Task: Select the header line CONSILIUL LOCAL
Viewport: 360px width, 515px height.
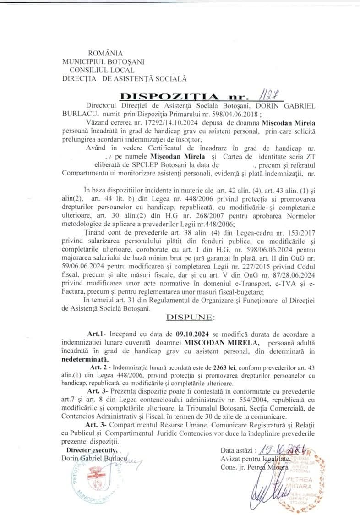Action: click(x=102, y=70)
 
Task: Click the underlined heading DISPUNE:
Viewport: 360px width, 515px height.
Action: click(x=189, y=317)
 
